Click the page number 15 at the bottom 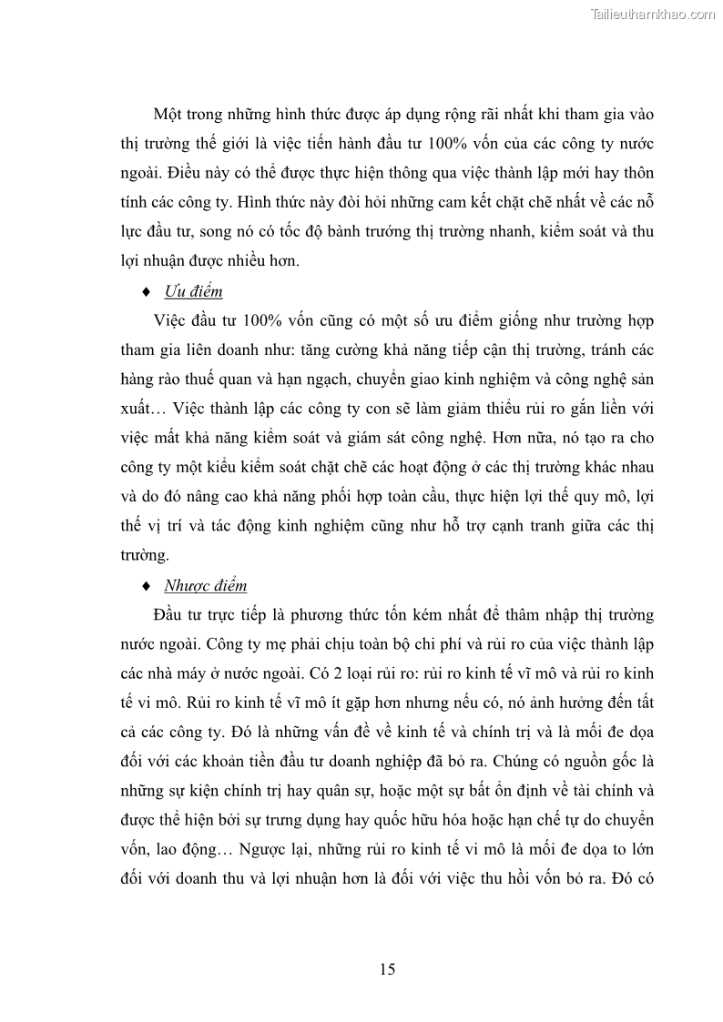coord(387,968)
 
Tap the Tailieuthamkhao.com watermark coord(653,14)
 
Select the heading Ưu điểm coord(193,291)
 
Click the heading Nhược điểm coord(205,585)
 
